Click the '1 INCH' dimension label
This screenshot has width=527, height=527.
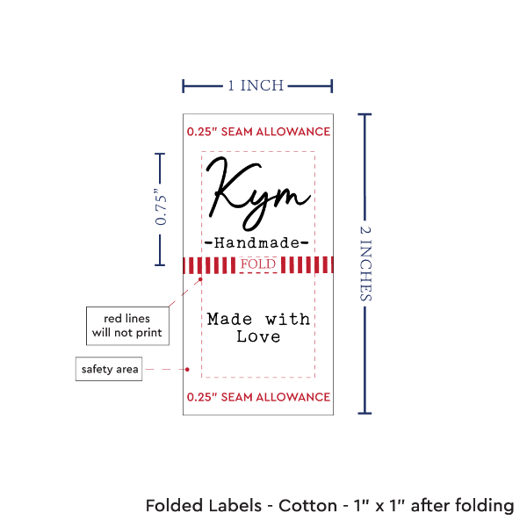click(x=256, y=86)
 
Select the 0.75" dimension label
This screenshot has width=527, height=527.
click(x=161, y=209)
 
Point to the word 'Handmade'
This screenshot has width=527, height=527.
click(x=256, y=242)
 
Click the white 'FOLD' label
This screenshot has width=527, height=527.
click(x=258, y=263)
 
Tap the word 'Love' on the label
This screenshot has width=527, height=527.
click(x=258, y=336)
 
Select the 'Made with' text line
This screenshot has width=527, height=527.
click(x=258, y=319)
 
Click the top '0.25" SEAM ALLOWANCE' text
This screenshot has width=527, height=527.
click(x=258, y=133)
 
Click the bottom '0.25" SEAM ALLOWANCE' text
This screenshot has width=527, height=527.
click(x=258, y=398)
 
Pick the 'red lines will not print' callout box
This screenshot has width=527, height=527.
click(x=127, y=325)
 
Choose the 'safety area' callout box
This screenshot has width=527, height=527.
click(x=108, y=369)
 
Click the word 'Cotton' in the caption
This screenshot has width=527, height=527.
click(x=307, y=506)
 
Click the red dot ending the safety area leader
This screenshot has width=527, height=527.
click(x=190, y=369)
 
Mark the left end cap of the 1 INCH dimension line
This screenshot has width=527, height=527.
click(x=184, y=86)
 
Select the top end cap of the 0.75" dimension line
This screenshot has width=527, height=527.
click(x=160, y=153)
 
